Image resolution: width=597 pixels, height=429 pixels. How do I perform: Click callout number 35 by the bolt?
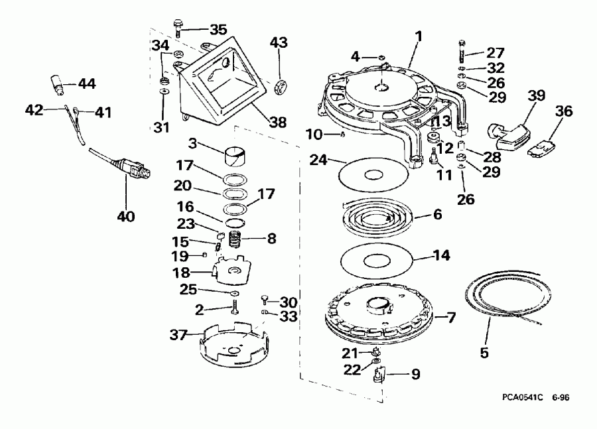218,29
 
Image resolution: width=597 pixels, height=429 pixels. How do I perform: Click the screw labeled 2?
235,308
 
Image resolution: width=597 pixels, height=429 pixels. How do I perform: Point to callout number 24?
319,160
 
